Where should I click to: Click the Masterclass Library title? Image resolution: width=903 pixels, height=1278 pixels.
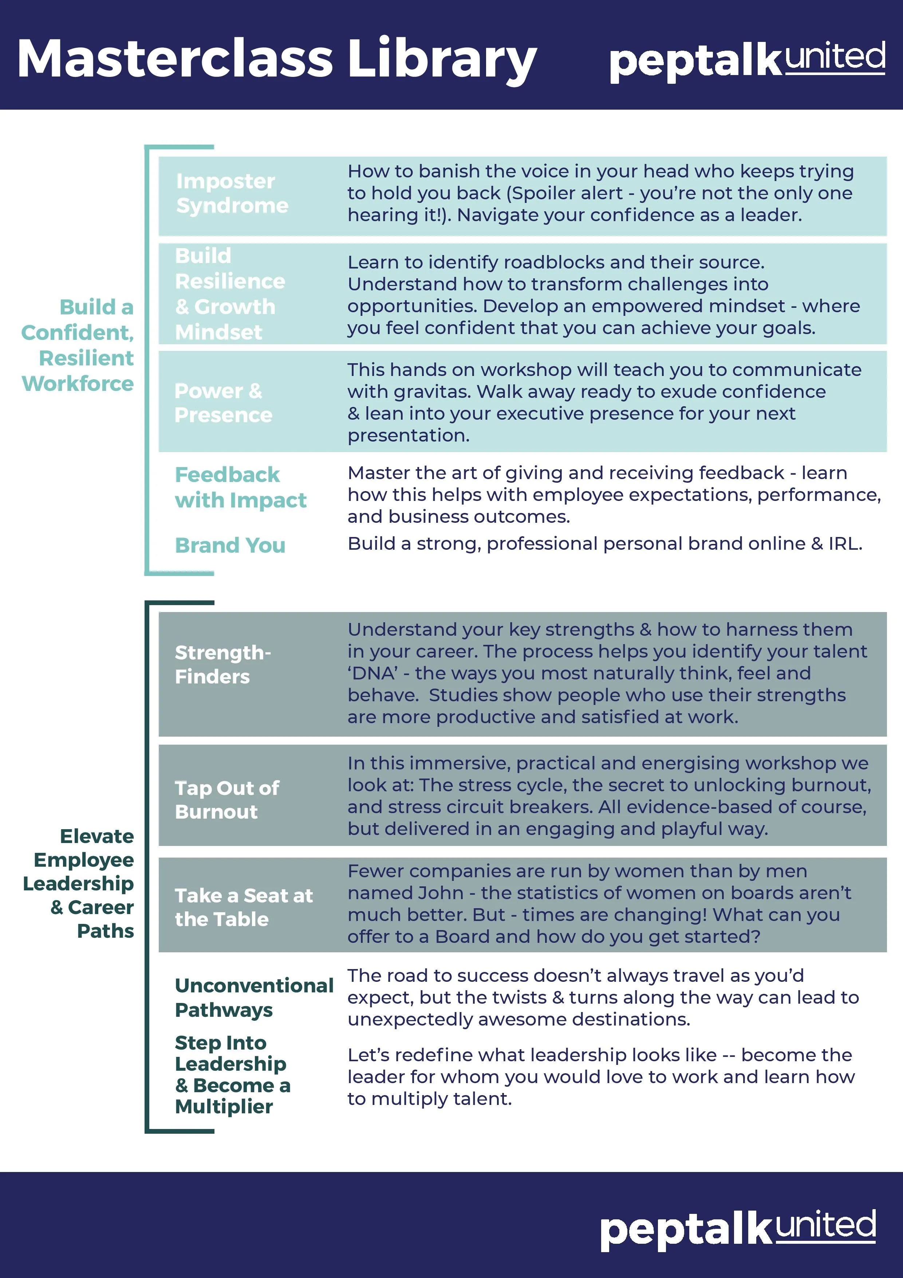coord(276,59)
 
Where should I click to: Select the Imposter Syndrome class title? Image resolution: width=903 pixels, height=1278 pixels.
coord(232,193)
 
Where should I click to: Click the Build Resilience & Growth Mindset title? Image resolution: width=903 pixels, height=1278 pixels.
coord(230,294)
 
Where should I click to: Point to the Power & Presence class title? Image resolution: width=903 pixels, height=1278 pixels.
coord(223,403)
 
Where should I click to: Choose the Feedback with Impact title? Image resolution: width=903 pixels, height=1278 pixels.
coord(240,487)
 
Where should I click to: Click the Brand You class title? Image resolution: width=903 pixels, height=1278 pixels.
coord(230,545)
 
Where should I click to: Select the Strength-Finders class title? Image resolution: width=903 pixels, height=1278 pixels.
coord(222,665)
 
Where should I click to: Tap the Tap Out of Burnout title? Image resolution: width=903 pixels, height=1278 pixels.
coord(227,800)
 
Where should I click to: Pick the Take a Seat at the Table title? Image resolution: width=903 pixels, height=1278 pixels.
coord(244,907)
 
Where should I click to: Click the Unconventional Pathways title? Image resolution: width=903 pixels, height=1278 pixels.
coord(254,997)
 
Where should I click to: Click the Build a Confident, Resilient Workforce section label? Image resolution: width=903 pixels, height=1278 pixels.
coord(78,345)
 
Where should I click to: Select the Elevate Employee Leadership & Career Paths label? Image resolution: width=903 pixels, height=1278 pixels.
coord(78,883)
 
